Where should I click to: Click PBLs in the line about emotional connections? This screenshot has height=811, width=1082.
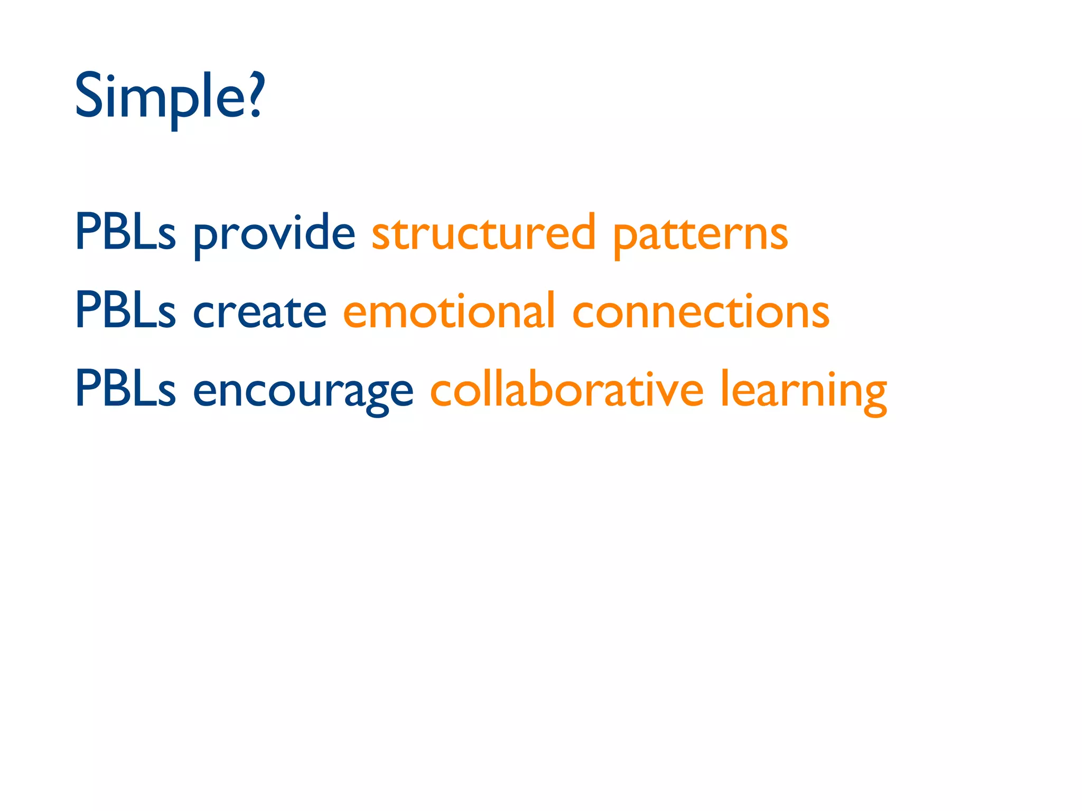[125, 310]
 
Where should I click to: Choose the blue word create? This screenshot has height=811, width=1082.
[259, 312]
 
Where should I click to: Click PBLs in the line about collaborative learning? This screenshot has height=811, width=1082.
[125, 389]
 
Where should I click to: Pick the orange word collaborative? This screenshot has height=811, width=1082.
[567, 390]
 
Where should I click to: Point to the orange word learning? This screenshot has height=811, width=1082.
[804, 391]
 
